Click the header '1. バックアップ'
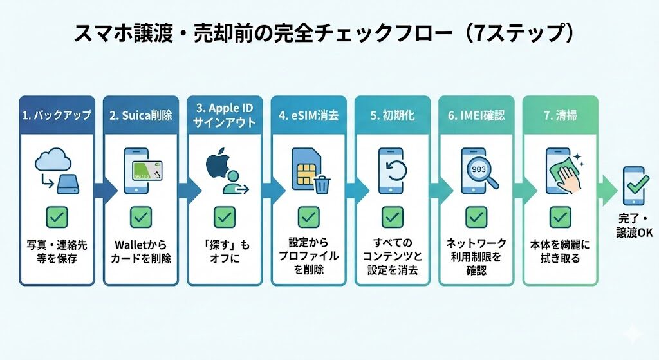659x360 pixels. (57, 115)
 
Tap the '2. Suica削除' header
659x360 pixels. (140, 115)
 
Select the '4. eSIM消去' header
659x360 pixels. (308, 115)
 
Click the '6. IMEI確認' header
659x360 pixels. (476, 115)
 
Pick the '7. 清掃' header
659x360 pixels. (560, 115)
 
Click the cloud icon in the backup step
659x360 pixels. (51, 158)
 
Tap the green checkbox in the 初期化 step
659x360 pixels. (392, 216)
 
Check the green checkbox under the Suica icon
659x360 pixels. (140, 216)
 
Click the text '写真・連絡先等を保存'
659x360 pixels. (57, 250)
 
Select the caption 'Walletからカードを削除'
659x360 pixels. (140, 250)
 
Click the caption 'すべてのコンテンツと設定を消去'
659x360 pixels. (392, 256)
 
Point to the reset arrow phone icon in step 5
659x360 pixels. (391, 169)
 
